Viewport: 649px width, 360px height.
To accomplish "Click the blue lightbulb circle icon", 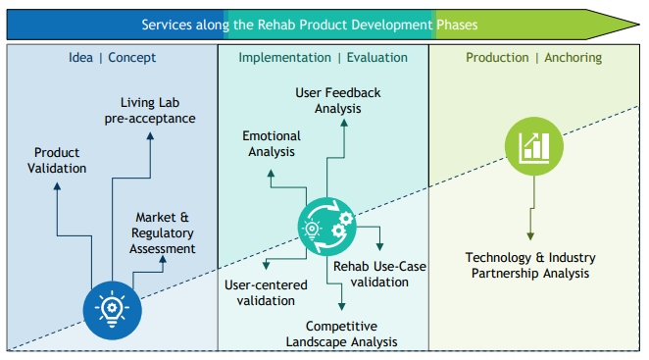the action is coord(112,310).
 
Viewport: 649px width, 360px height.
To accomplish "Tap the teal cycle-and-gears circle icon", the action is coord(327,227).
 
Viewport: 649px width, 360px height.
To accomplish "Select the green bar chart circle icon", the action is coord(534,146).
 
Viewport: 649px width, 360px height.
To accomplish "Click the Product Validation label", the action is coord(57,160).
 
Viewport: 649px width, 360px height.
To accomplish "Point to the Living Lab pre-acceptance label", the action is coord(150,110).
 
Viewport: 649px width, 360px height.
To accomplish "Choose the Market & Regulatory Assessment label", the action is coord(163,232).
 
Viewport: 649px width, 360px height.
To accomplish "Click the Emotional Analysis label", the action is coord(272,144).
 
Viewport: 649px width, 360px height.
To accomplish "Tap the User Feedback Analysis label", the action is coord(338,101).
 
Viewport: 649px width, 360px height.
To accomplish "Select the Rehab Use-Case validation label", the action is coord(379,274).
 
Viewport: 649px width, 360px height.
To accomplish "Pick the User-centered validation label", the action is coord(266,292).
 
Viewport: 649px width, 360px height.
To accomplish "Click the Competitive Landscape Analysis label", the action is coord(341,334).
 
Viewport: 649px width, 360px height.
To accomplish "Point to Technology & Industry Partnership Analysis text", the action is coord(530,265).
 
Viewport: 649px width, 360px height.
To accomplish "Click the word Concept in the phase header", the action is coord(132,57).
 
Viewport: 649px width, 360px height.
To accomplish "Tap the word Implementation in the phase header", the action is coord(284,57).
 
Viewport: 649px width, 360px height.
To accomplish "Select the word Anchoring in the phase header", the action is coord(574,57).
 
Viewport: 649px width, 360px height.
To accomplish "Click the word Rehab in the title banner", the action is coord(276,25).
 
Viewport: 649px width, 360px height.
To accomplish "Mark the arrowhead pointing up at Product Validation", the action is coord(57,186).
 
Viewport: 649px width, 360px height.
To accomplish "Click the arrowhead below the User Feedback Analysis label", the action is coord(344,123).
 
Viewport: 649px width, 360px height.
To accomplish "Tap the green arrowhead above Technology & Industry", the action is coord(530,236).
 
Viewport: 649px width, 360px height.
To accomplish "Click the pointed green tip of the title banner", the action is coord(639,25).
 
